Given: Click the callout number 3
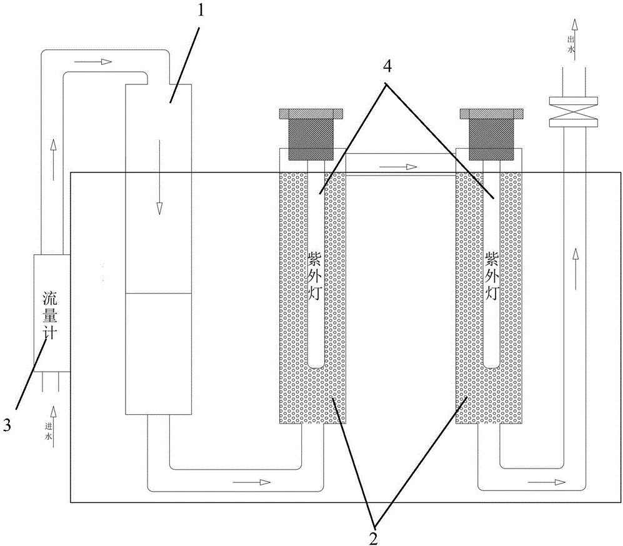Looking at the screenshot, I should [x=7, y=425].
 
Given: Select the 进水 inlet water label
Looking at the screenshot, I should [x=49, y=432].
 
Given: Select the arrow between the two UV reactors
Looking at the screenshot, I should [x=398, y=167].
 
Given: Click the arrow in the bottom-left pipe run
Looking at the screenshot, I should [x=253, y=482].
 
